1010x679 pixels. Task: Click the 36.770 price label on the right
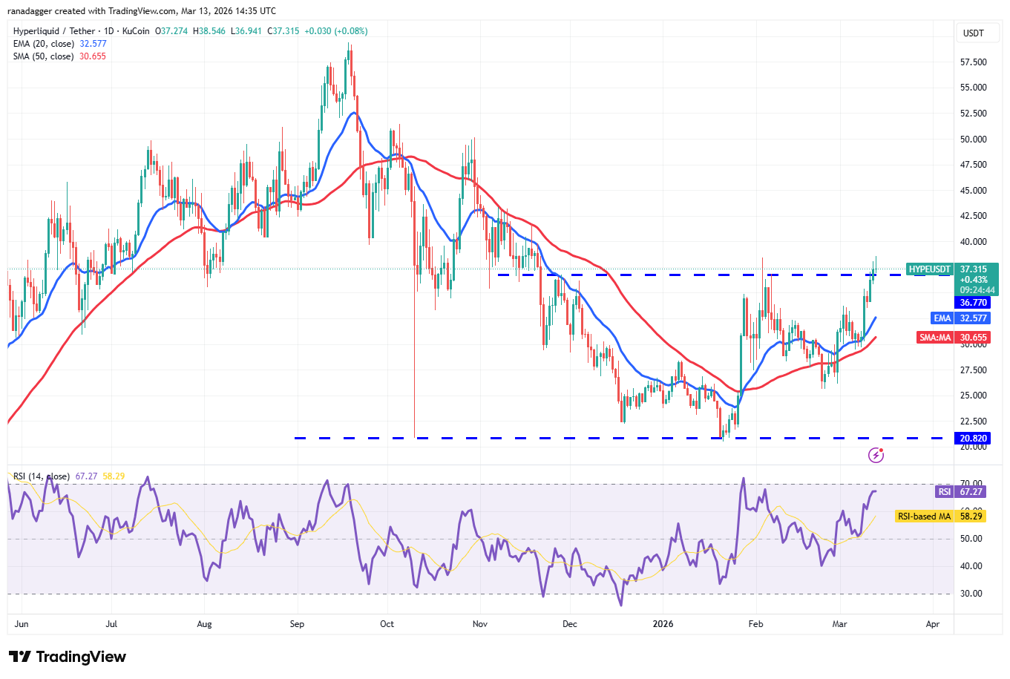(973, 303)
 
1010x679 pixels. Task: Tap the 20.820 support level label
(973, 439)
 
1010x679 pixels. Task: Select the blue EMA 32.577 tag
(961, 318)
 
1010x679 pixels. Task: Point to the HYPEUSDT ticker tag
(929, 269)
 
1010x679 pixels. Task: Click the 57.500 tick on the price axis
(973, 62)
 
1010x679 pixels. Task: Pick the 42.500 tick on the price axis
(973, 216)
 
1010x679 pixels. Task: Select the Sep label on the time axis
(297, 624)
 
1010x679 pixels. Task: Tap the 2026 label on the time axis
(663, 624)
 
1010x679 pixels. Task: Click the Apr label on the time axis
(933, 624)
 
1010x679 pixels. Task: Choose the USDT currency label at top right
(973, 33)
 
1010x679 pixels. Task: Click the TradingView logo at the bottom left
(68, 657)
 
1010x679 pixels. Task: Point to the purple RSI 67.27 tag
(961, 492)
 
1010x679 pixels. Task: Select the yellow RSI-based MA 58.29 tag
(940, 516)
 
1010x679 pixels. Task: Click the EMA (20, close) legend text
(44, 44)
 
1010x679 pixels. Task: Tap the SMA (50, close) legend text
(43, 56)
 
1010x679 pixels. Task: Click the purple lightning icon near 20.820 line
(876, 455)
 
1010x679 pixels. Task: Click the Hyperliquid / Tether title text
(54, 31)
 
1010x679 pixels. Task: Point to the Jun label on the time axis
(22, 624)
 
